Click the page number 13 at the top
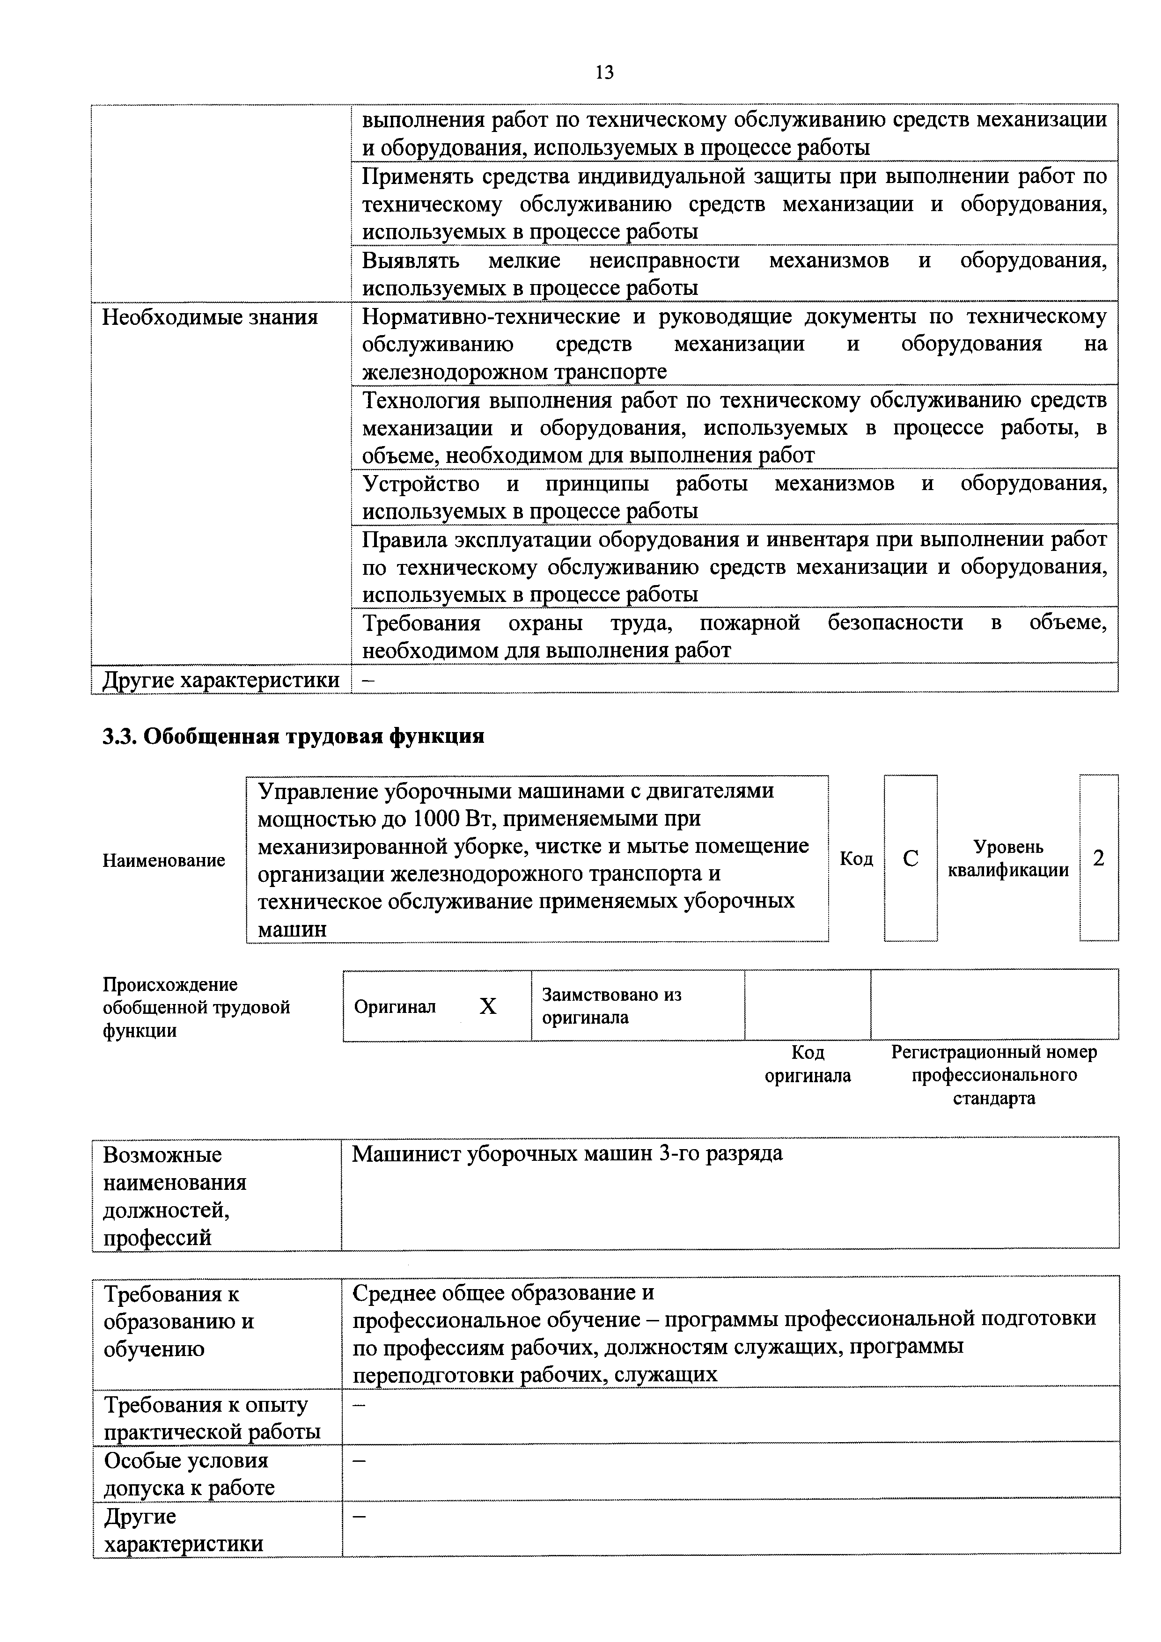(604, 72)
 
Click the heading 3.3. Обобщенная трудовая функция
(293, 736)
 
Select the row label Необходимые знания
(210, 317)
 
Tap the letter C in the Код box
(910, 858)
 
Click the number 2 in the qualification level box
(1099, 858)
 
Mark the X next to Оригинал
(487, 1007)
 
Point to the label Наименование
(164, 860)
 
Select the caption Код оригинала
(808, 1063)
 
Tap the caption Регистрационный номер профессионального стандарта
(993, 1074)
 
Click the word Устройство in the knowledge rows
(420, 484)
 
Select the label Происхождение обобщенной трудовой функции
(196, 1007)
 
